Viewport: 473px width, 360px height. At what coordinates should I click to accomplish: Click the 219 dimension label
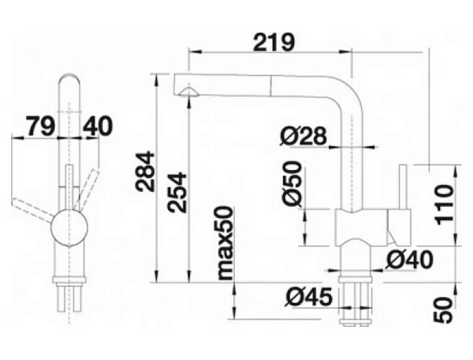pyautogui.click(x=274, y=43)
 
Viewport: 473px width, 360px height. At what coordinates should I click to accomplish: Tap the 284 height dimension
pyautogui.click(x=145, y=172)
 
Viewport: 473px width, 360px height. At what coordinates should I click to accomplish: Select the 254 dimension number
pyautogui.click(x=177, y=192)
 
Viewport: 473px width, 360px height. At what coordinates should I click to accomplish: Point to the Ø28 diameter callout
pyautogui.click(x=304, y=136)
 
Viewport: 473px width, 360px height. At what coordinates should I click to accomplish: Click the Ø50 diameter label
pyautogui.click(x=292, y=184)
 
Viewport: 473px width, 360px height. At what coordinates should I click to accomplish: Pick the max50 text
pyautogui.click(x=225, y=243)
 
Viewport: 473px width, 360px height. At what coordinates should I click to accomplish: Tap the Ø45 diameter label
pyautogui.click(x=308, y=297)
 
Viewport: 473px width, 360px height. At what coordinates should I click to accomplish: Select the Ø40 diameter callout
pyautogui.click(x=409, y=260)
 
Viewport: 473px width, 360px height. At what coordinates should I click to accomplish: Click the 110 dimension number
pyautogui.click(x=444, y=205)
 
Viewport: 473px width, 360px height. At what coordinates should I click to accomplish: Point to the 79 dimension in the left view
pyautogui.click(x=41, y=126)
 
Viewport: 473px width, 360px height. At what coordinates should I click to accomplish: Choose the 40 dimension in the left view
pyautogui.click(x=98, y=126)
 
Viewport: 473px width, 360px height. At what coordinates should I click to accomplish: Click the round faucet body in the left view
pyautogui.click(x=69, y=228)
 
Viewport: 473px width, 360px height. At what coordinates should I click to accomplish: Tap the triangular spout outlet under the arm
pyautogui.click(x=188, y=91)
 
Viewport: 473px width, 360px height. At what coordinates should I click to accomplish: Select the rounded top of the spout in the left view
pyautogui.click(x=69, y=81)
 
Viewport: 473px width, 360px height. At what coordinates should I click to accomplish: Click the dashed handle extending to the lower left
pyautogui.click(x=32, y=210)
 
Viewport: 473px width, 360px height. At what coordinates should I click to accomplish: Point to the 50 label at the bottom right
pyautogui.click(x=443, y=310)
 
